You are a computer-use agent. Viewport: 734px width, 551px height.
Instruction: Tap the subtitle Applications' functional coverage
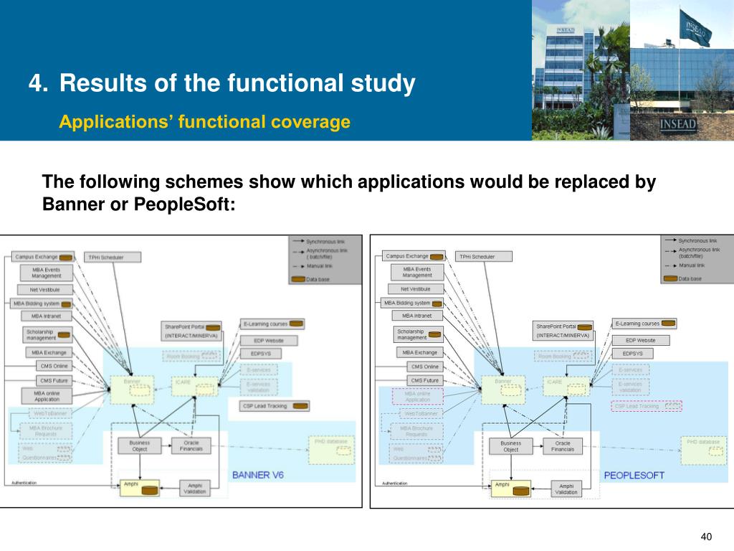pyautogui.click(x=204, y=122)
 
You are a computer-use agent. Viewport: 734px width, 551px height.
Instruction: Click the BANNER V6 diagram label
pyautogui.click(x=258, y=475)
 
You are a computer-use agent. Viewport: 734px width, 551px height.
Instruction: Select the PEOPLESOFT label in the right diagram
pyautogui.click(x=634, y=475)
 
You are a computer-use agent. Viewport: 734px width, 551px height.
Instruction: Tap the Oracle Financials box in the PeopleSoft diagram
pyautogui.click(x=563, y=446)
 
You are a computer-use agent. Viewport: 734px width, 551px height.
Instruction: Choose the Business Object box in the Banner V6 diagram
pyautogui.click(x=139, y=446)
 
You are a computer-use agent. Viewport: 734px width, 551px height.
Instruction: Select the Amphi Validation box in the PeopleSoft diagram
pyautogui.click(x=566, y=489)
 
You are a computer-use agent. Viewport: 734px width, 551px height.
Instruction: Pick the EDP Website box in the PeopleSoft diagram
pyautogui.click(x=640, y=340)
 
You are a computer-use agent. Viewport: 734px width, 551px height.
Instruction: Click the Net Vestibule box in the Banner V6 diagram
pyautogui.click(x=44, y=290)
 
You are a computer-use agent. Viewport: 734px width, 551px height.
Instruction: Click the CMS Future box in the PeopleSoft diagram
pyautogui.click(x=424, y=380)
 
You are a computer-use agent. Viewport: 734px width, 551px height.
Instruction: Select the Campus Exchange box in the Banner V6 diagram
pyautogui.click(x=44, y=257)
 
